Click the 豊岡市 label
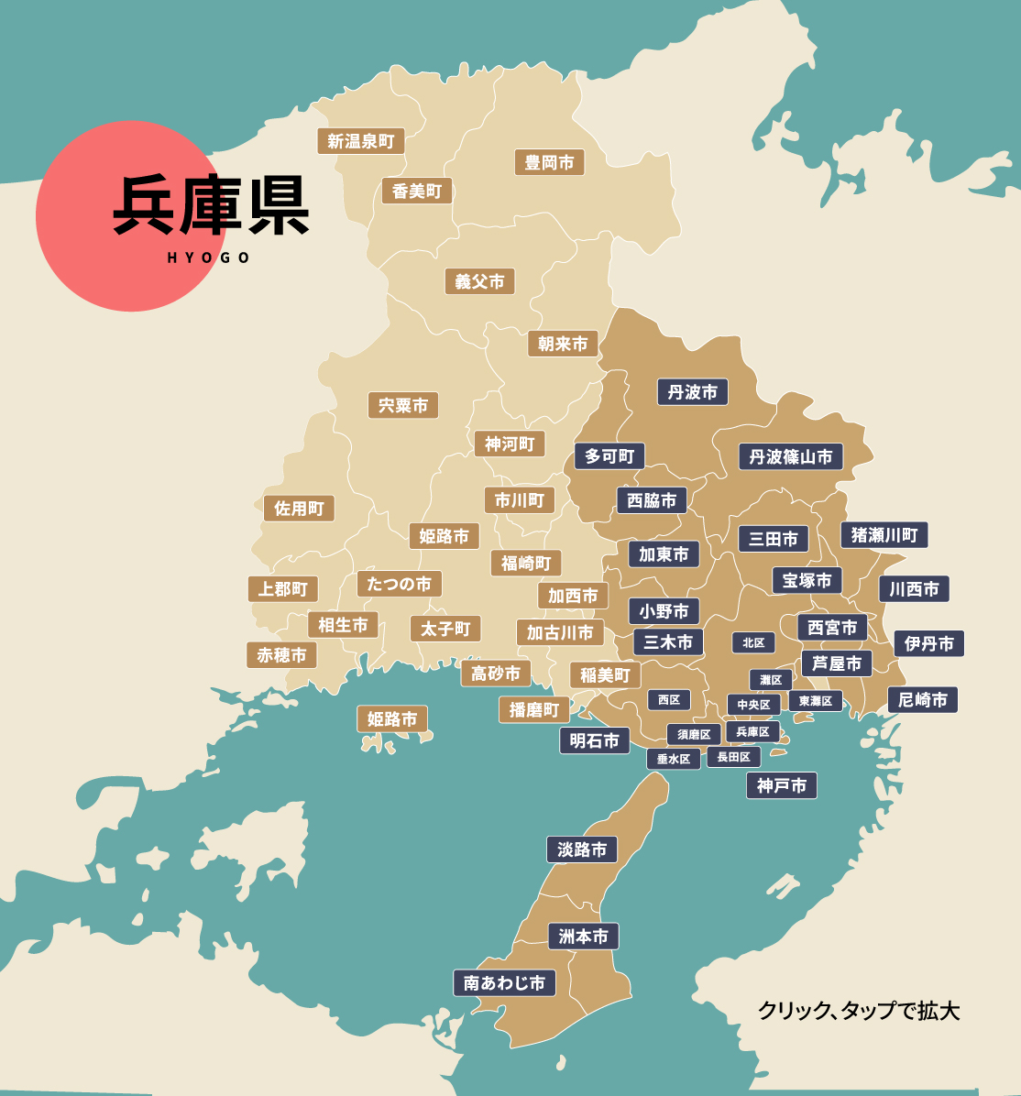[x=549, y=163]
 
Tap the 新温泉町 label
[x=361, y=141]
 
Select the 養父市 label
[x=479, y=281]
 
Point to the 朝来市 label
[x=563, y=344]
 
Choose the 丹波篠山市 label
[x=791, y=456]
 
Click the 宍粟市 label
[x=403, y=405]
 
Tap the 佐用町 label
[x=299, y=509]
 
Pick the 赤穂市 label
[x=281, y=655]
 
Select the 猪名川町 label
[x=884, y=535]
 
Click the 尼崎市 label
[x=923, y=700]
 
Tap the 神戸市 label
[x=781, y=785]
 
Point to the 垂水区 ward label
[x=674, y=759]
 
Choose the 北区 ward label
[x=753, y=642]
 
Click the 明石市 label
[x=595, y=740]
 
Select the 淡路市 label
[x=582, y=849]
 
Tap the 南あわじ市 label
[x=504, y=983]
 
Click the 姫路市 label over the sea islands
[x=392, y=719]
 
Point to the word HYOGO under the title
[x=209, y=258]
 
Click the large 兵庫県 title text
[x=212, y=205]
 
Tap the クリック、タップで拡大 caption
[x=858, y=1011]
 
